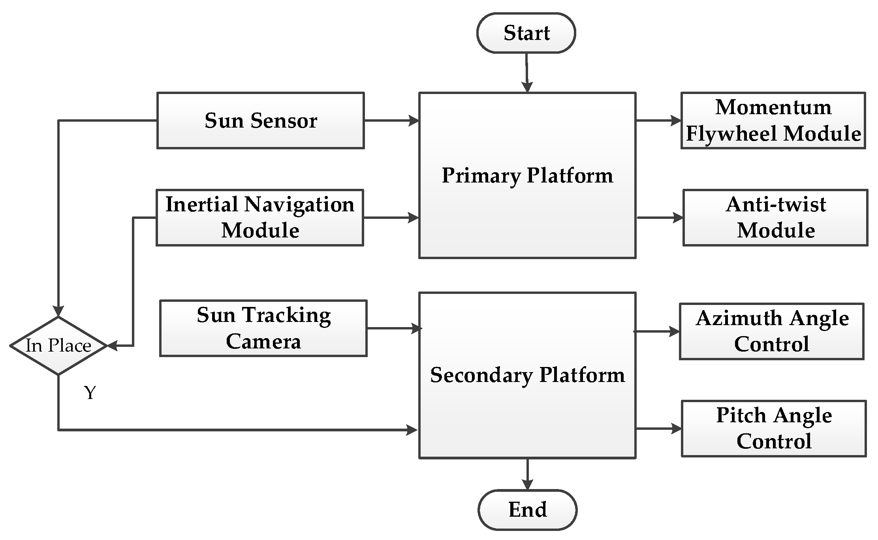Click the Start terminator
526,33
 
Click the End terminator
527,510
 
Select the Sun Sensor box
260,121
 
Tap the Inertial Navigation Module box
259,218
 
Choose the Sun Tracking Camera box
263,328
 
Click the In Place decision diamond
58,346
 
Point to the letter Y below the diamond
90,393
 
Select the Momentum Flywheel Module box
773,121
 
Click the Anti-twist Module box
775,218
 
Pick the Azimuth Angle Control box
771,331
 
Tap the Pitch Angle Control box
773,429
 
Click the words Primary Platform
527,175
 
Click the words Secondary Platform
527,375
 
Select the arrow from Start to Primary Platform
527,73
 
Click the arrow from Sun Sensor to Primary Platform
391,120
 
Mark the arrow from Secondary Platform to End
527,474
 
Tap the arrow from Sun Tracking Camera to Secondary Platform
394,328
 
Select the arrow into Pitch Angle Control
658,429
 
